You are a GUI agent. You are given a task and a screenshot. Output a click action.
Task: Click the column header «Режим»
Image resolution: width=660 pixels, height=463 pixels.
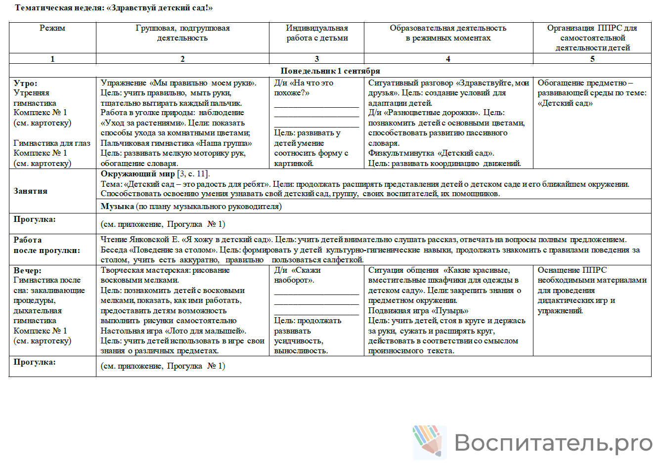pos(52,28)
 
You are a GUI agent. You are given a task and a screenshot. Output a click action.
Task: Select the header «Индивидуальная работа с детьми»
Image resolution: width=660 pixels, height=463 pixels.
pos(317,33)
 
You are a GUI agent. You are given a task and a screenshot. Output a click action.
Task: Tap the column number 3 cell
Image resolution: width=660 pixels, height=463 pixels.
pos(317,59)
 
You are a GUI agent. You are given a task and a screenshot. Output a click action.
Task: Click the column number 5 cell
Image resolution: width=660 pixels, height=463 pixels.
pos(592,59)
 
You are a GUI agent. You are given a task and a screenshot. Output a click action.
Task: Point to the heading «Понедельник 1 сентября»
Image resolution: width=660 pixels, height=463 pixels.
pos(330,71)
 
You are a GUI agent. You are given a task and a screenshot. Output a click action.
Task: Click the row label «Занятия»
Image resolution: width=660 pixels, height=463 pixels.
pos(31,191)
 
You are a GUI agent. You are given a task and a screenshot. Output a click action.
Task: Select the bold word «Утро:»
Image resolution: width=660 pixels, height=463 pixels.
pos(25,83)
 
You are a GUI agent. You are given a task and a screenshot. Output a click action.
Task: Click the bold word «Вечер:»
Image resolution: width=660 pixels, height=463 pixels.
pos(28,270)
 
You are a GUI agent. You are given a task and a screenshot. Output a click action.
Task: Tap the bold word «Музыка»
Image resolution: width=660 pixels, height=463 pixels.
pos(117,207)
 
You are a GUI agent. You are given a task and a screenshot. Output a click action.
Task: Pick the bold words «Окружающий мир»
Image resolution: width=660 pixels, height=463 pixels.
pos(137,173)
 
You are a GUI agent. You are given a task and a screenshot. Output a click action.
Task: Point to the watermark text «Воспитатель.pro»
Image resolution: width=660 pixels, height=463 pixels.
pos(553,442)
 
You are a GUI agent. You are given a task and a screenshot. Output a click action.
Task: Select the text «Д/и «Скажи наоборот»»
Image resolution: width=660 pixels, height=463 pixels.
pos(298,275)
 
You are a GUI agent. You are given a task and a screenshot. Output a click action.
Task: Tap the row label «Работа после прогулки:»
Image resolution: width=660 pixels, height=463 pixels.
pos(46,245)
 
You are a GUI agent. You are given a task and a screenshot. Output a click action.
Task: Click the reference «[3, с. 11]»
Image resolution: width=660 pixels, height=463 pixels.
pos(193,173)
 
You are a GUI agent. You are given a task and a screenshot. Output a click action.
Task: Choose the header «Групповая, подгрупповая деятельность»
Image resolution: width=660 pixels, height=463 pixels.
pos(182,33)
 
